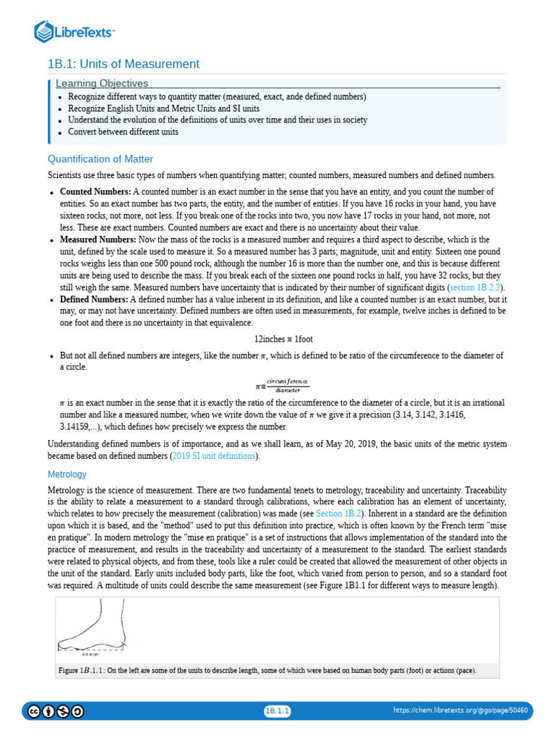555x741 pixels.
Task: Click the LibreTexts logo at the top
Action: point(75,31)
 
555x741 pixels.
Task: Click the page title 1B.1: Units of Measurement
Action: point(123,64)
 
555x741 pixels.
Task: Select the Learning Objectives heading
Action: point(102,84)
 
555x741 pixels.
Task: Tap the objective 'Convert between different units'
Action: point(123,132)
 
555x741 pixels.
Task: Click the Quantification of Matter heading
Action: point(100,159)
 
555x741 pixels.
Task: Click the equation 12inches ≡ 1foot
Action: point(283,339)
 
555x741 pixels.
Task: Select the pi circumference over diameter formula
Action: point(283,384)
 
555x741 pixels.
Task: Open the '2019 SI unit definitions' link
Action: point(213,456)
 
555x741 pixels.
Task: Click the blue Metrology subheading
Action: point(66,475)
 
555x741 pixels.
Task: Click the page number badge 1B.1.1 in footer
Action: point(277,711)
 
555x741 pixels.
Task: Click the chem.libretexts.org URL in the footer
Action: point(460,711)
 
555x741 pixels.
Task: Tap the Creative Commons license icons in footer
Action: point(55,711)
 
